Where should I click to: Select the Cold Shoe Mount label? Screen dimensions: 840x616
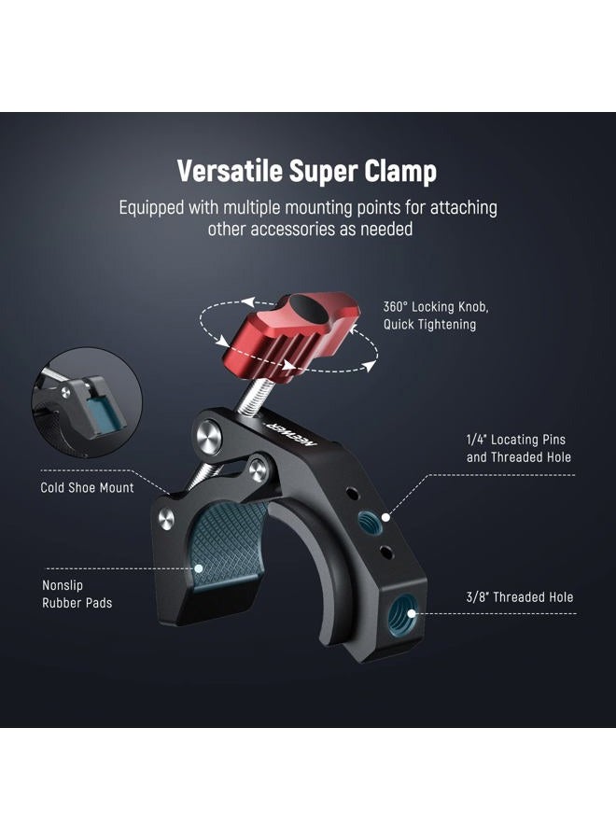coord(87,487)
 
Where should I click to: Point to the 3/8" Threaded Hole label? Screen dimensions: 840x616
coord(520,597)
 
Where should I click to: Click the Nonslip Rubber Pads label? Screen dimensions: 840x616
coord(77,595)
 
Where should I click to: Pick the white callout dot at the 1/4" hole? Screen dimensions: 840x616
coord(385,511)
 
